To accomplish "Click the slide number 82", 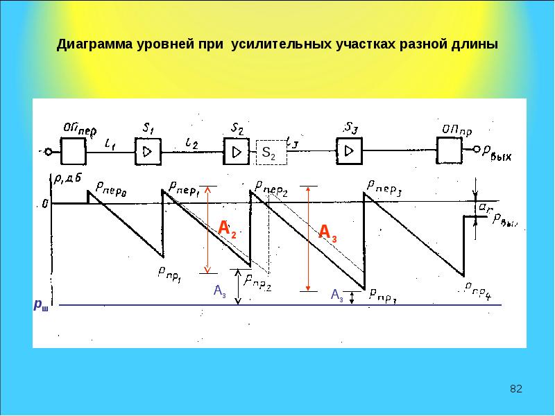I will pyautogui.click(x=515, y=389).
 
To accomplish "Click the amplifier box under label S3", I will pyautogui.click(x=349, y=150).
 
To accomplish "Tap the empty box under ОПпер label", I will pyautogui.click(x=73, y=150).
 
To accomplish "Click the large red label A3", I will pyautogui.click(x=327, y=232).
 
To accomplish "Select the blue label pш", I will pyautogui.click(x=42, y=304).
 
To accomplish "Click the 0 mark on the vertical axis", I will pyautogui.click(x=45, y=204).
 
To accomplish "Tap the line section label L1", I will pyautogui.click(x=110, y=144).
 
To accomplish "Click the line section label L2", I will pyautogui.click(x=191, y=144).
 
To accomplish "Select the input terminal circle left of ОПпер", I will pyautogui.click(x=48, y=151).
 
